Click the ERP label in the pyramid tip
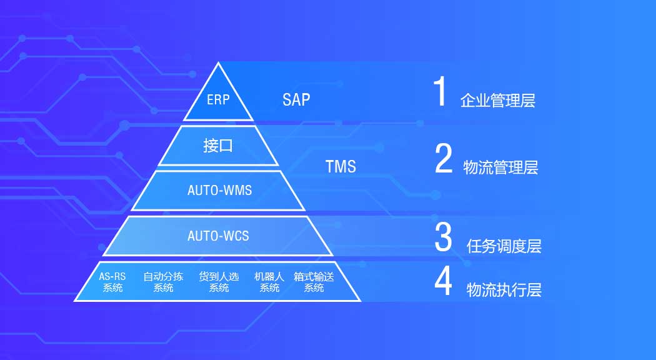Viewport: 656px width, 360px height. (218, 99)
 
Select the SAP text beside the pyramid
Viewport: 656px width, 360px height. (296, 99)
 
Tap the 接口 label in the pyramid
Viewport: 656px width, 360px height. (217, 146)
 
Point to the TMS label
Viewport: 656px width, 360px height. (340, 167)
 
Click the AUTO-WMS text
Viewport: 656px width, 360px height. (220, 191)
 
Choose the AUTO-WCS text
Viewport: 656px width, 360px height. (218, 236)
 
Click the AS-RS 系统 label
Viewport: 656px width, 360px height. (112, 282)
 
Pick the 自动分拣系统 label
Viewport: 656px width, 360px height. (163, 282)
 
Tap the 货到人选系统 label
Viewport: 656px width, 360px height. (219, 282)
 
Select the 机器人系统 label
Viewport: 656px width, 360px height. (269, 282)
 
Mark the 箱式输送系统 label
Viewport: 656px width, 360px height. (314, 282)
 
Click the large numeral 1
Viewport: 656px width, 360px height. (440, 91)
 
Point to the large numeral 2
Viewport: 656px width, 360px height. (444, 158)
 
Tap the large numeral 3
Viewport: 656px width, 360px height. (443, 237)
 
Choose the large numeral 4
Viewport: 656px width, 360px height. (443, 281)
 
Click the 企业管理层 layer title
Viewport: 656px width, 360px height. (498, 101)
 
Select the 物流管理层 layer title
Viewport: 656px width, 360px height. (500, 167)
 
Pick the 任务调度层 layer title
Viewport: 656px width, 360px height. (504, 246)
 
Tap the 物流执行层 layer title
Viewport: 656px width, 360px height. (504, 289)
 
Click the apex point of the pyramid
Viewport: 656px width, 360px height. (218, 62)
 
